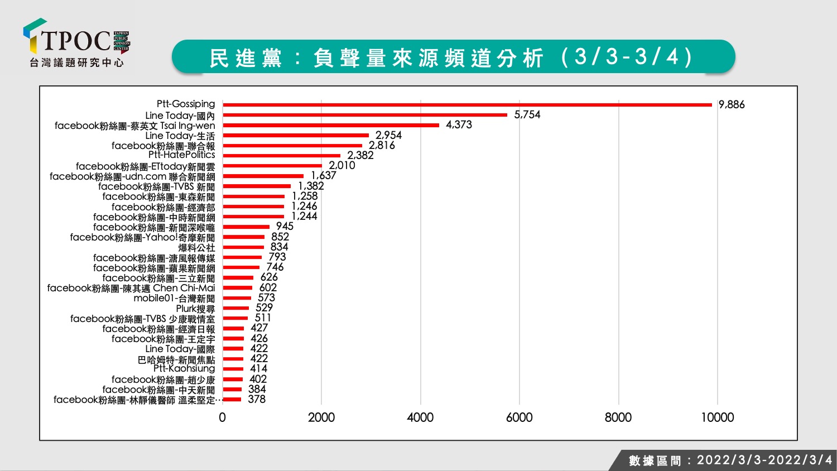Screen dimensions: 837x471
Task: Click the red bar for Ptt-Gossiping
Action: pyautogui.click(x=467, y=105)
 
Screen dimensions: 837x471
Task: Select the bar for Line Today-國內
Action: pyautogui.click(x=365, y=115)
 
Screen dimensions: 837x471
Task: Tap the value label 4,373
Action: pyautogui.click(x=459, y=124)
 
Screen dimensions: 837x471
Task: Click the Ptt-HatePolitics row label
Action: pyautogui.click(x=181, y=155)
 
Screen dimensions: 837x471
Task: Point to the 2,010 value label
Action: pyautogui.click(x=342, y=165)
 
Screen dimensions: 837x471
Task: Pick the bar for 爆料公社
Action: pyautogui.click(x=243, y=247)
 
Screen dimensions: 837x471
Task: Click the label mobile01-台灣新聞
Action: pyautogui.click(x=174, y=299)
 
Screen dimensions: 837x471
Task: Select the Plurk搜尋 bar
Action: pyautogui.click(x=236, y=308)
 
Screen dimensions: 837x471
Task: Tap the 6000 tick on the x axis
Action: pyautogui.click(x=519, y=417)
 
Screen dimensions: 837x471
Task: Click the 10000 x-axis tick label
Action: pyautogui.click(x=718, y=417)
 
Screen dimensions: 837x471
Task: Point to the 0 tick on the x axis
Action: pyautogui.click(x=222, y=417)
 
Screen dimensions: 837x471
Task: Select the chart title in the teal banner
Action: pyautogui.click(x=451, y=57)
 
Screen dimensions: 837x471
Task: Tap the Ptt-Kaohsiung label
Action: pyautogui.click(x=184, y=368)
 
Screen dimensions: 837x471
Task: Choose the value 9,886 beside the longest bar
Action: pyautogui.click(x=732, y=104)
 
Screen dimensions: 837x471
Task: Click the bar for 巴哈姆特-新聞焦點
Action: pyautogui.click(x=233, y=359)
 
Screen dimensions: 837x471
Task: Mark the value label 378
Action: pyautogui.click(x=257, y=399)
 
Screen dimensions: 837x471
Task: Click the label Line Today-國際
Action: pyautogui.click(x=180, y=349)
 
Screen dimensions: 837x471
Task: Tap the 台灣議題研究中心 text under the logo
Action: pyautogui.click(x=76, y=63)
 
